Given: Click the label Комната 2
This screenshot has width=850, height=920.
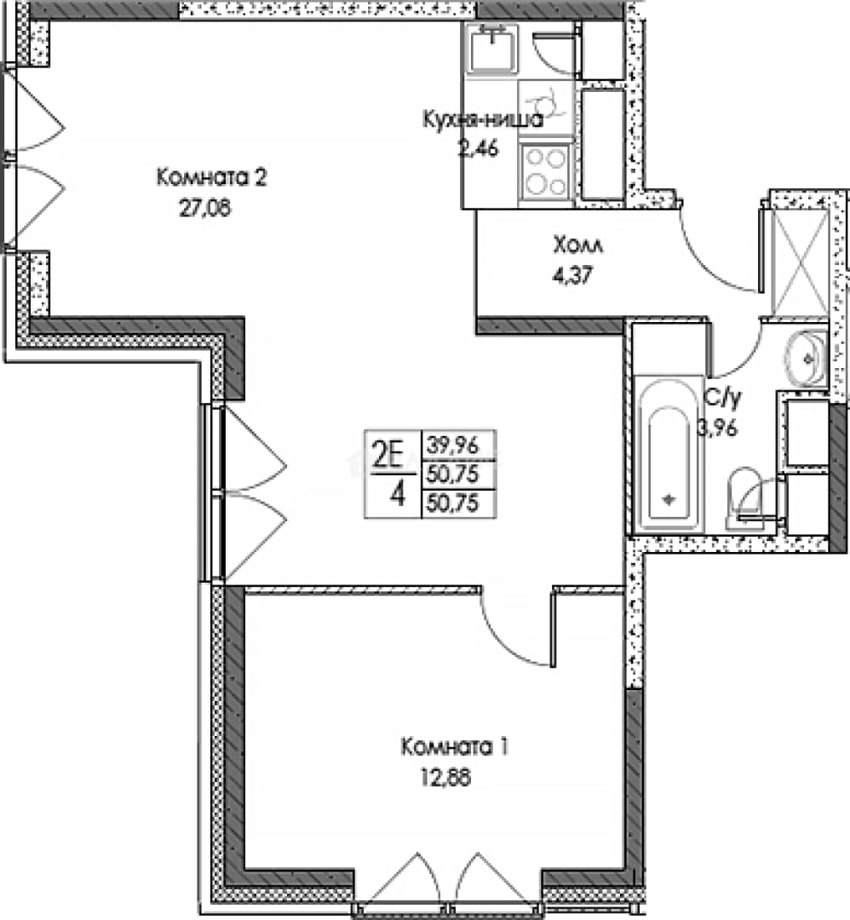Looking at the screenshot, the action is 211,176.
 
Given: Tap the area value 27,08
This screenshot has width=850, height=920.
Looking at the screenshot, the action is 204,208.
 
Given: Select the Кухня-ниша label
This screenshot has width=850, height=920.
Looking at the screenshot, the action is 483,120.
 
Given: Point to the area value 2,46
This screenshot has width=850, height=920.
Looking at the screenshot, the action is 478,148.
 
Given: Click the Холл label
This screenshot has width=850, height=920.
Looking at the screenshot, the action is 577,245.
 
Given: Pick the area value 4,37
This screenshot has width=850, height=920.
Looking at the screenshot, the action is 573,275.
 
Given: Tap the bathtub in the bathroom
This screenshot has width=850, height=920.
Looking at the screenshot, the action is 668,454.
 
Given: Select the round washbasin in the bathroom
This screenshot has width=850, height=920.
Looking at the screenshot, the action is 806,357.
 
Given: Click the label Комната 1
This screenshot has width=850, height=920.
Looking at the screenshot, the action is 455,747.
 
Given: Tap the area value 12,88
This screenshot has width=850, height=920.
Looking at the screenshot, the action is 445,778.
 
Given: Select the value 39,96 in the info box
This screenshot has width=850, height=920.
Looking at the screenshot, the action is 453,446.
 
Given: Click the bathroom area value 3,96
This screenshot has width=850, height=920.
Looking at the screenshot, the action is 717,428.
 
